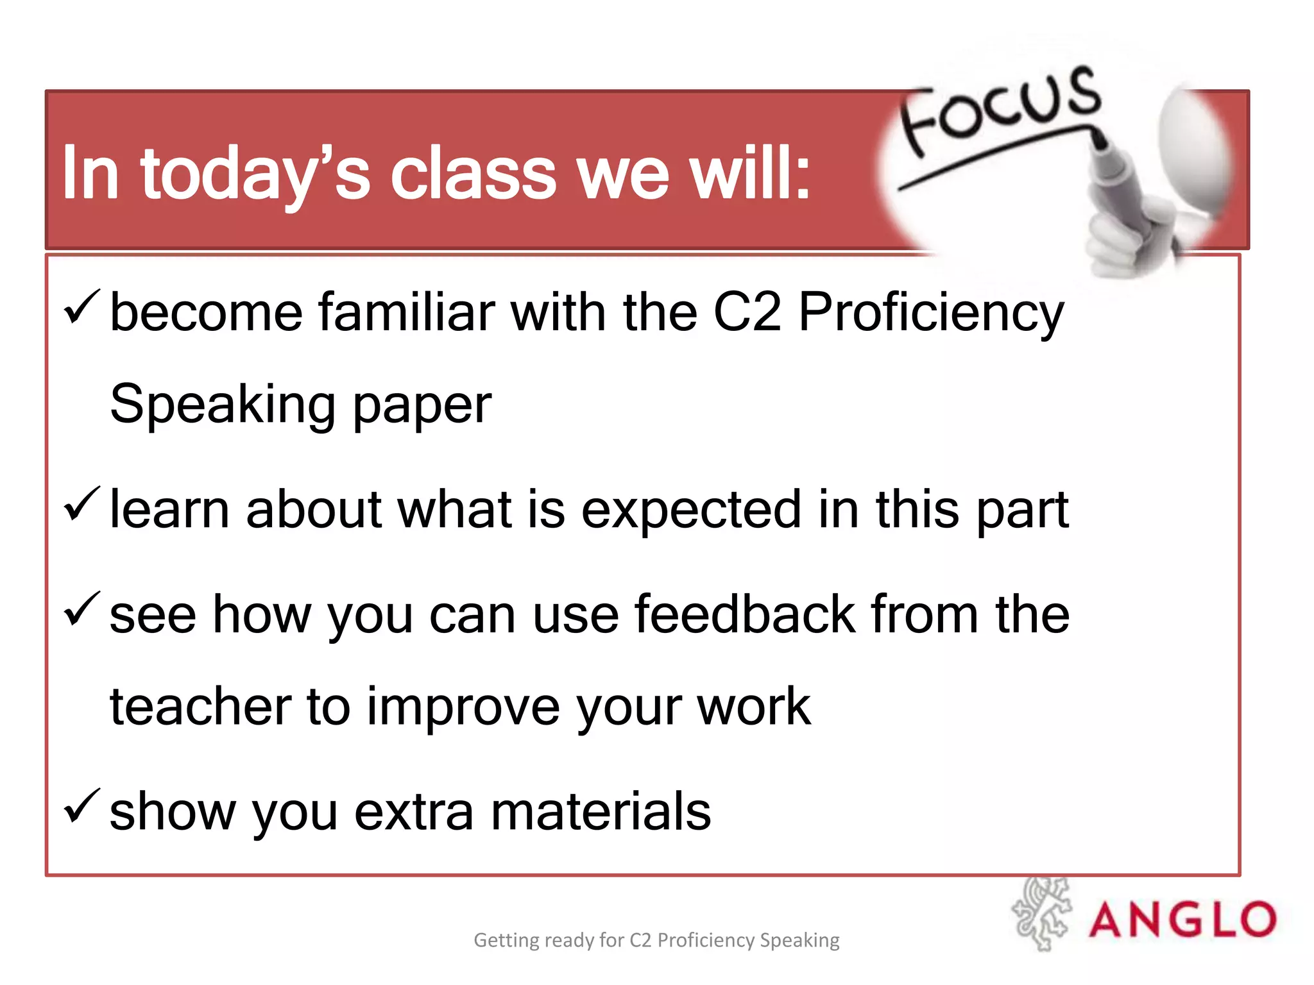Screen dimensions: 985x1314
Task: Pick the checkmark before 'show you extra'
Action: click(x=81, y=806)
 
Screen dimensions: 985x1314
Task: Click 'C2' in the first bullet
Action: click(x=747, y=312)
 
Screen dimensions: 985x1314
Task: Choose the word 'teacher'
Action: click(x=200, y=707)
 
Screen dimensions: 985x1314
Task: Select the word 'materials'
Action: click(x=601, y=812)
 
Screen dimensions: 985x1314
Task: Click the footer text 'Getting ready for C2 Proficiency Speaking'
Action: click(x=656, y=940)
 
